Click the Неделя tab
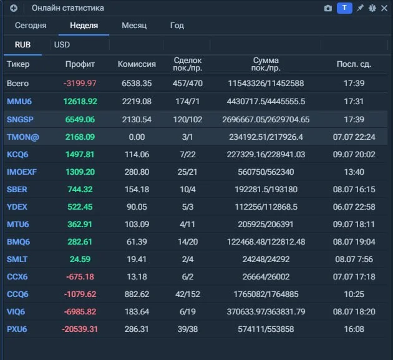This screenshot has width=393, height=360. point(84,26)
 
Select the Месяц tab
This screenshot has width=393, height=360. point(134,26)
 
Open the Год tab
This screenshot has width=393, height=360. point(177,26)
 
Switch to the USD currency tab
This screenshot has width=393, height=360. point(62,45)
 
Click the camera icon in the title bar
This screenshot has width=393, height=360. point(328,8)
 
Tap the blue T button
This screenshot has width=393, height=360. point(344,8)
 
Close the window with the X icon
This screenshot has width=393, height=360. point(384,8)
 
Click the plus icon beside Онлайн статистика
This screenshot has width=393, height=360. point(14,8)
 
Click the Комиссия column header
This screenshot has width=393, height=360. point(137,64)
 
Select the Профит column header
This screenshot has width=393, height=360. point(80,64)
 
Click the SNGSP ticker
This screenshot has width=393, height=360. point(20,119)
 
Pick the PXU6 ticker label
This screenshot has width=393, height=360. point(17,329)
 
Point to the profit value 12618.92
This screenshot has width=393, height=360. point(80,101)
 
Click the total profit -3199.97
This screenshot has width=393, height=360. point(80,83)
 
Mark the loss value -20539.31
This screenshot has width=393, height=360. point(80,329)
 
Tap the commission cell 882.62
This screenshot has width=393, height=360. point(137,294)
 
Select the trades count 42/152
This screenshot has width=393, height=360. point(188,294)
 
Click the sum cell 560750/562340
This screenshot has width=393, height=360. point(266,172)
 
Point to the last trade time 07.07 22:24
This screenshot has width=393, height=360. point(354,137)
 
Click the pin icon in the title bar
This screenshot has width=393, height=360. point(360,8)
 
